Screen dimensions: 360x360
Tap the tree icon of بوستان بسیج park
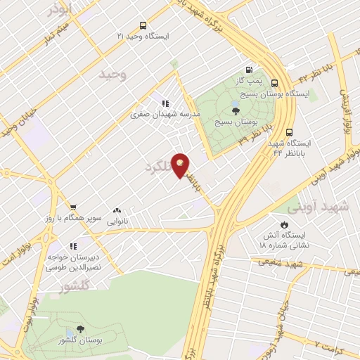[x=235, y=110]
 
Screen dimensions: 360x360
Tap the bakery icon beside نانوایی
[x=116, y=210]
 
